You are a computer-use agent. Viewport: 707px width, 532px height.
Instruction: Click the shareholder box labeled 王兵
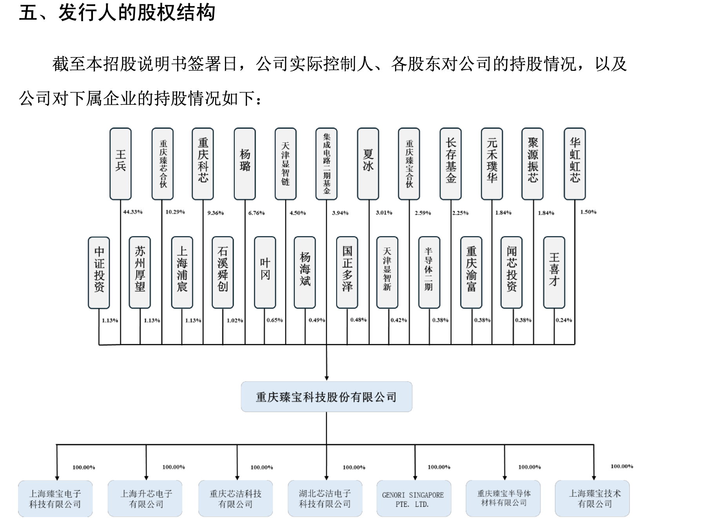120,164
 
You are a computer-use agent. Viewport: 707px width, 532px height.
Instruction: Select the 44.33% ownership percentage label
133,212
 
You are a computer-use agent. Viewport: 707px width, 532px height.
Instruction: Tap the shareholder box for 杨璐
245,164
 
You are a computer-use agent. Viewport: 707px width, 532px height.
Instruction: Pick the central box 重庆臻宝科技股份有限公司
326,397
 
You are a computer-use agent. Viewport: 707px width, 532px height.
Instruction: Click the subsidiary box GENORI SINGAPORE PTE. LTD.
413,499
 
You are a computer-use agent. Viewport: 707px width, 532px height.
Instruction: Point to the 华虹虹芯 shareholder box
575,164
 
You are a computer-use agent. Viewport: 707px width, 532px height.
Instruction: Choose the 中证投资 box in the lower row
99,273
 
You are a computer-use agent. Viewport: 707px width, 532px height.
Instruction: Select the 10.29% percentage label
175,212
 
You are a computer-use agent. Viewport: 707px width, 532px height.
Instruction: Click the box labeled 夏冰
368,164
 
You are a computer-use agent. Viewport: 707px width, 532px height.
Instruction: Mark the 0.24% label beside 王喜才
564,320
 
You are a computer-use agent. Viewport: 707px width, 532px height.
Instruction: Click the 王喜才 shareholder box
554,273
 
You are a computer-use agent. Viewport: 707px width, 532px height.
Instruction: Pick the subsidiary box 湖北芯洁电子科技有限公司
325,499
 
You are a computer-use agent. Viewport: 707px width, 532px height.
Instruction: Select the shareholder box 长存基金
450,164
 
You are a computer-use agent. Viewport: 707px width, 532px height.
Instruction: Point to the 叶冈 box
265,273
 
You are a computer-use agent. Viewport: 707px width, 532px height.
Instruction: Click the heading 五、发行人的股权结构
117,13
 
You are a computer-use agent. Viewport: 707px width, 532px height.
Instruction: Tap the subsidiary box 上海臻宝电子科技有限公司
55,499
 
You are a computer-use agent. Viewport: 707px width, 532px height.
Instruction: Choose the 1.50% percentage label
588,212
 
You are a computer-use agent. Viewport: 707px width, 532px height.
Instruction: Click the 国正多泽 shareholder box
347,273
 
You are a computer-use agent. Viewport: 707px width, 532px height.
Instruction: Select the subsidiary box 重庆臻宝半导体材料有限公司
503,499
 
